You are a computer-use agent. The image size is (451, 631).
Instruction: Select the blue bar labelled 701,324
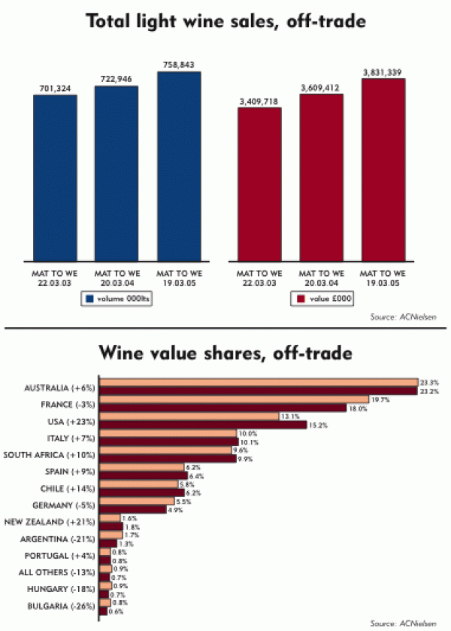click(55, 177)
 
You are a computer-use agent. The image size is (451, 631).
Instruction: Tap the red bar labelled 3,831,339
click(383, 168)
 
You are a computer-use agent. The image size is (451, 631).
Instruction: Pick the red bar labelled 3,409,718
click(259, 184)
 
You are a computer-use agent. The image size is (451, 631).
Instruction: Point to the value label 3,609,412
click(321, 88)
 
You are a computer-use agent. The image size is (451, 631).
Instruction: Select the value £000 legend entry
click(322, 299)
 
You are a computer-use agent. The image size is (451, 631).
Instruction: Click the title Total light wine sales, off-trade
click(225, 22)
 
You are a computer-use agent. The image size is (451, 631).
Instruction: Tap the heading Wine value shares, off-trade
click(225, 352)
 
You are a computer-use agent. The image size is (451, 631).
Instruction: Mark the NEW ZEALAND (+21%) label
click(50, 521)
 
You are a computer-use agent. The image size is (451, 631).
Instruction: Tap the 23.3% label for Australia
click(429, 383)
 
